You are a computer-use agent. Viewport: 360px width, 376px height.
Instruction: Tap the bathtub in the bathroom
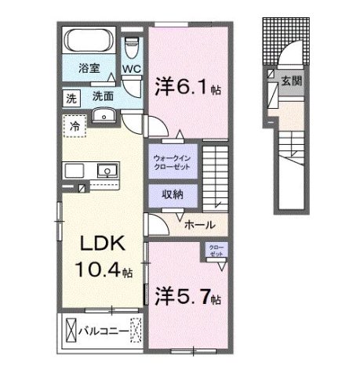point(89,41)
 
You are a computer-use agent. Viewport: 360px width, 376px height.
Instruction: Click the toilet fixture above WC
point(132,45)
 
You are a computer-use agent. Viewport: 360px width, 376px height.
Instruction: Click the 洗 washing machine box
point(71,98)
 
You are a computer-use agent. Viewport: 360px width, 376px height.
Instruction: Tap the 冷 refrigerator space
point(75,125)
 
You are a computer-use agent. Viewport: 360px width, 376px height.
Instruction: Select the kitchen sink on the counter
point(104,170)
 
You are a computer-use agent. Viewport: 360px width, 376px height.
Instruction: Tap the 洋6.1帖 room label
point(188,85)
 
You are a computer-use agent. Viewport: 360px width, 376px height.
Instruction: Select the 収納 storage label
point(173,195)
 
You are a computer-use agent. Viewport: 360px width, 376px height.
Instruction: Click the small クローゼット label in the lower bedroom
point(214,251)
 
